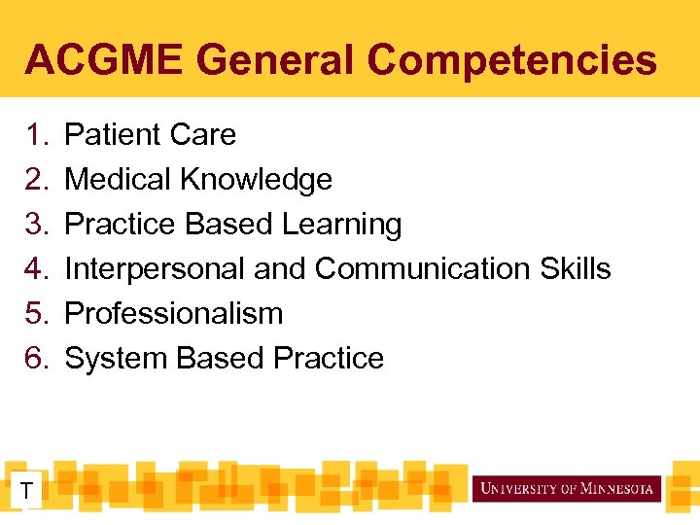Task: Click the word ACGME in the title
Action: (100, 60)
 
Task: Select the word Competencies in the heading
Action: (512, 60)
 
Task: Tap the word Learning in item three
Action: (341, 224)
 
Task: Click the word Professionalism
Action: (173, 313)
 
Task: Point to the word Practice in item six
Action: (329, 358)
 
